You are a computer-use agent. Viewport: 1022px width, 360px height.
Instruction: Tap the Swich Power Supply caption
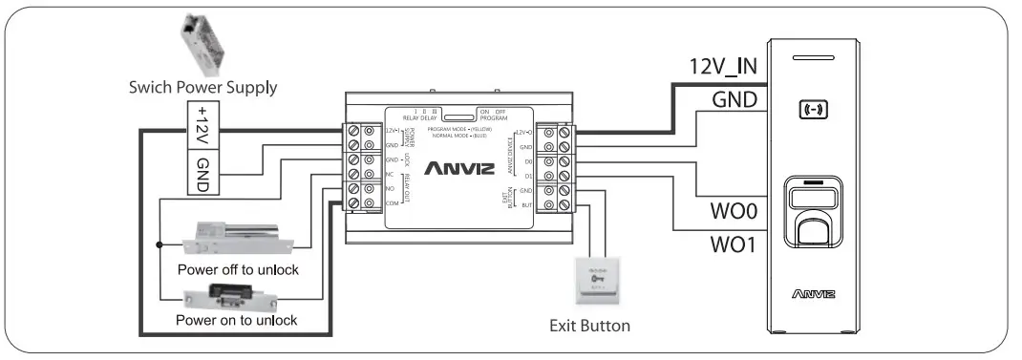(203, 88)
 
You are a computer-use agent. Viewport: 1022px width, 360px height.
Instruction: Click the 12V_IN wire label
(724, 67)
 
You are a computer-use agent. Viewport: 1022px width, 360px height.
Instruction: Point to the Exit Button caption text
(589, 326)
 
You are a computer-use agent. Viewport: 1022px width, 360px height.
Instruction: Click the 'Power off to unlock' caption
(238, 270)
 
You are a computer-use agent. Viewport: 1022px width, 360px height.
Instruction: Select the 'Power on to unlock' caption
(236, 320)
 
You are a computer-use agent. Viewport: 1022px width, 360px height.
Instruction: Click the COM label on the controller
(390, 203)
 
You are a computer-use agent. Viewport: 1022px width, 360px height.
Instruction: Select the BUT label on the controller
(525, 204)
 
